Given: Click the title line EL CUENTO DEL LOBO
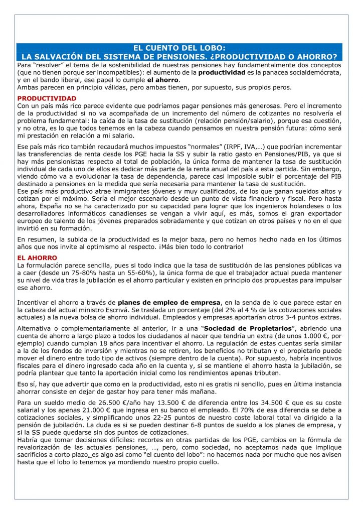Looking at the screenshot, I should (181, 48).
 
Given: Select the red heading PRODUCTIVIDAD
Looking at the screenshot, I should (47, 98).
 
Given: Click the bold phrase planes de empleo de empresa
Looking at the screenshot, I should (169, 302).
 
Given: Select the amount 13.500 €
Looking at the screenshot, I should (163, 403).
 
